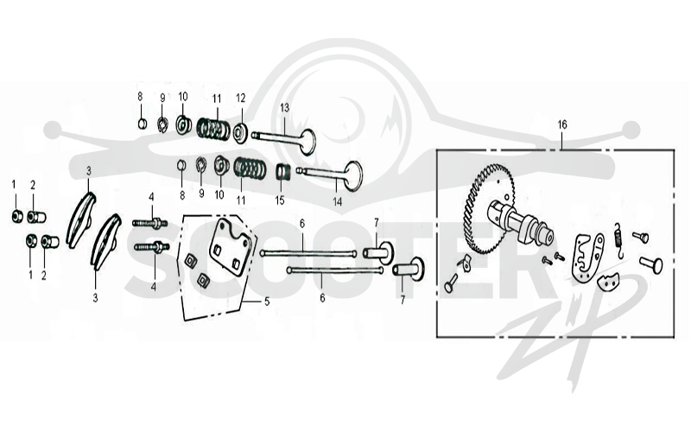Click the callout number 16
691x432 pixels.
point(562,124)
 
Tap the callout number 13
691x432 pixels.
point(284,107)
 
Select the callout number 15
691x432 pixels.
point(280,200)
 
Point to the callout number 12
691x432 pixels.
point(240,98)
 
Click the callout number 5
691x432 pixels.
point(267,302)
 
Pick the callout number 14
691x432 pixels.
point(337,202)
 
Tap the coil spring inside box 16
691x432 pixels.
point(618,240)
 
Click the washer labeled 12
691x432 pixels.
point(241,132)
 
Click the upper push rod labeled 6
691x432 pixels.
point(308,253)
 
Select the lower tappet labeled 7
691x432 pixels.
point(408,269)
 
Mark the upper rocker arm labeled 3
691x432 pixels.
point(81,219)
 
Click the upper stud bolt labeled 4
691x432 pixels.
point(149,224)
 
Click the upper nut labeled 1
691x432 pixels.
point(17,217)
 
